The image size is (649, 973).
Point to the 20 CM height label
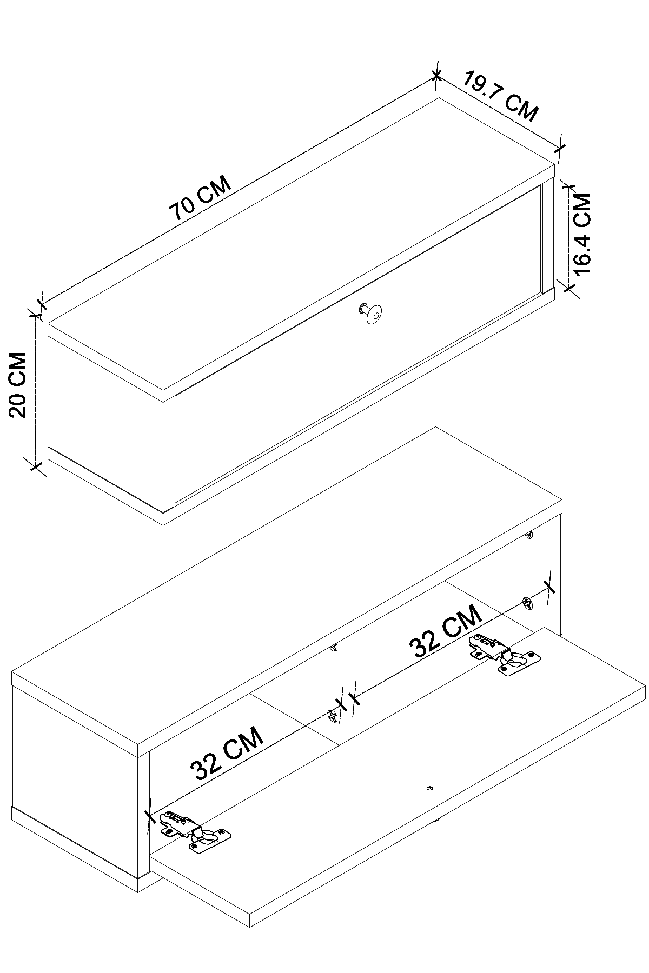[x=18, y=384]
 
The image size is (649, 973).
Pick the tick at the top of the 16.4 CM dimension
[x=568, y=186]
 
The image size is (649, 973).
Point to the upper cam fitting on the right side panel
[x=529, y=535]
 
